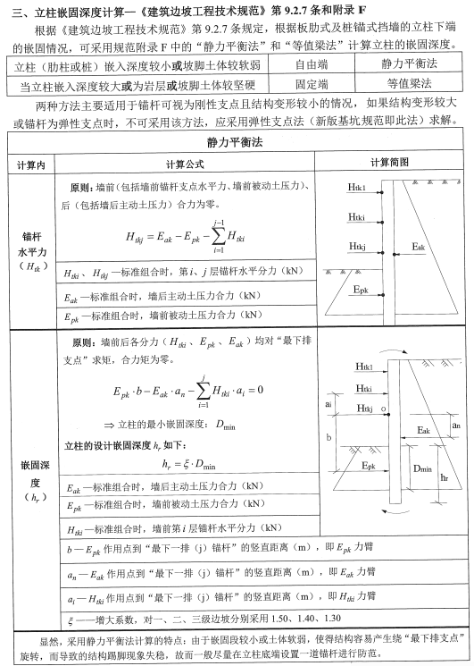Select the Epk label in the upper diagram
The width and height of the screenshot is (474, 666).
click(x=359, y=291)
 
